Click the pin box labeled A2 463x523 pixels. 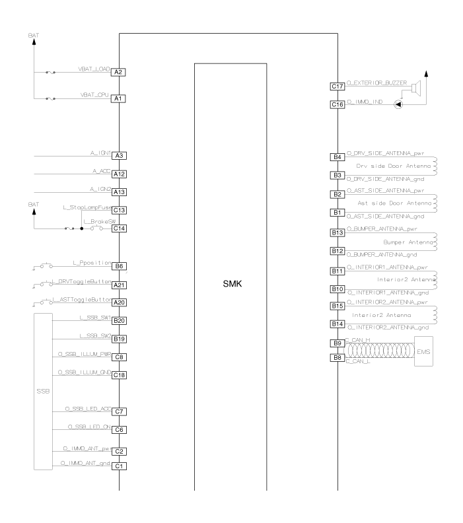119,72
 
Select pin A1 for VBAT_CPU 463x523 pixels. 119,98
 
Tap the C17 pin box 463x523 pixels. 337,86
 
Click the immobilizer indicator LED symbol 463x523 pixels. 398,104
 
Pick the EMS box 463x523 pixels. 424,351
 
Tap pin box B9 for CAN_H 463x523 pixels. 337,343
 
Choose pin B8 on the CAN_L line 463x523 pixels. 337,357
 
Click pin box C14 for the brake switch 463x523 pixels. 119,228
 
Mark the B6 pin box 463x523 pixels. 119,266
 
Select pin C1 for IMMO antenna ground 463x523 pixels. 119,466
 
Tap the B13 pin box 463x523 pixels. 337,233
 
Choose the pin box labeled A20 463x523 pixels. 119,302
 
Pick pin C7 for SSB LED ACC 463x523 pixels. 119,411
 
